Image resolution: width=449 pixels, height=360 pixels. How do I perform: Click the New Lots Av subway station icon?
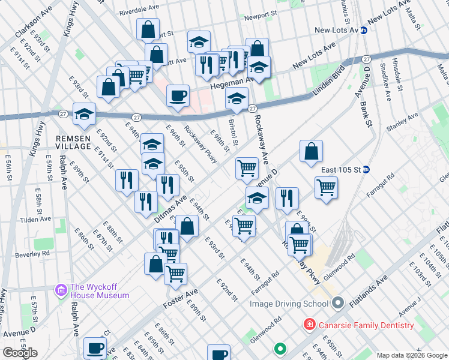(x=364, y=30)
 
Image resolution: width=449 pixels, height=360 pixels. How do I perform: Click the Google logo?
(x=19, y=353)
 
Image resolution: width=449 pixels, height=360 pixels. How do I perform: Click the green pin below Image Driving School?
(x=280, y=348)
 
